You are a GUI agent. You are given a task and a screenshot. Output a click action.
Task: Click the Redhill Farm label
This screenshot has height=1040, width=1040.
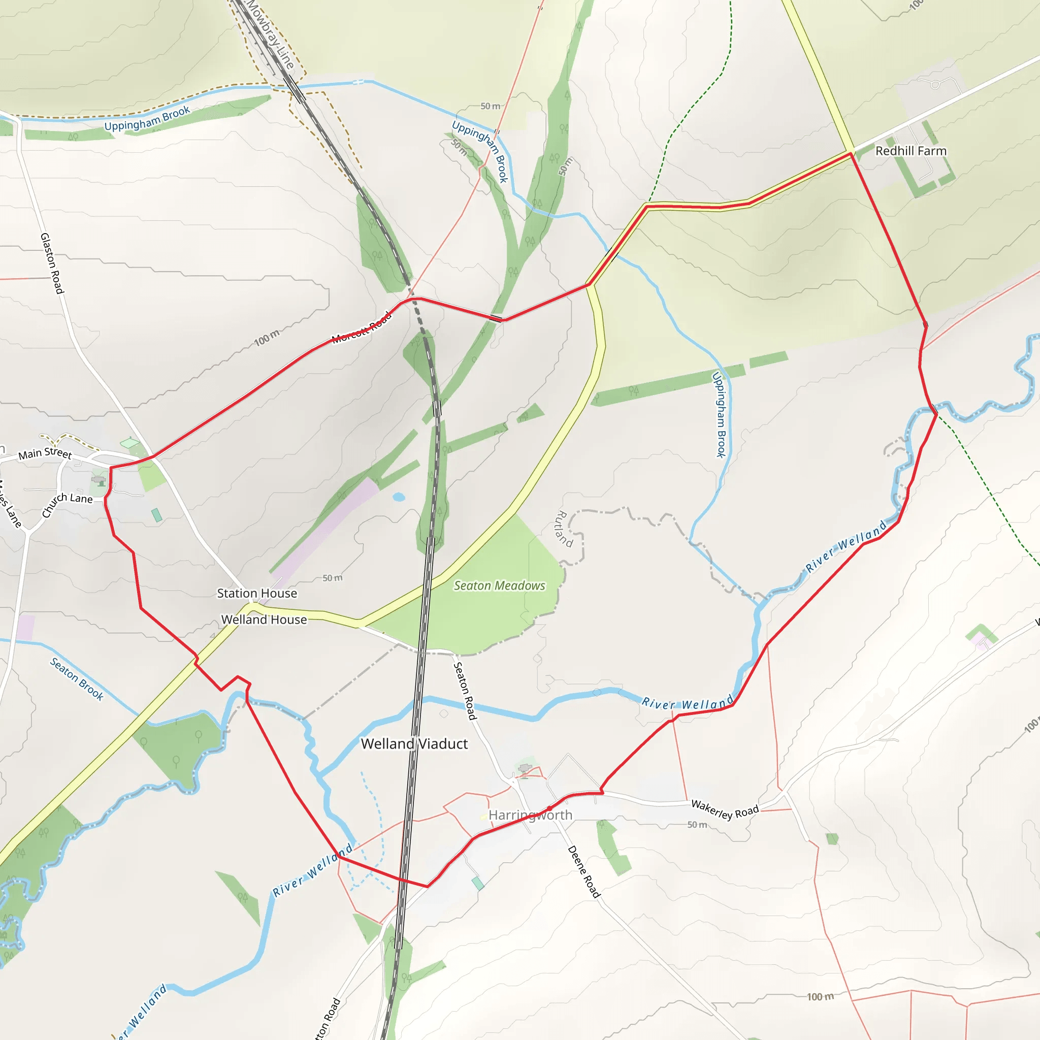click(911, 151)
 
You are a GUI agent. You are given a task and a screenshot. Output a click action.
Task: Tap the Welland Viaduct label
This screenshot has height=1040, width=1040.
click(414, 744)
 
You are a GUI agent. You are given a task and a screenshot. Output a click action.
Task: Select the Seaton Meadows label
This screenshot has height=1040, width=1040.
click(499, 586)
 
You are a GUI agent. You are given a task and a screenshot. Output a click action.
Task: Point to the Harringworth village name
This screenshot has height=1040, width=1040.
click(530, 815)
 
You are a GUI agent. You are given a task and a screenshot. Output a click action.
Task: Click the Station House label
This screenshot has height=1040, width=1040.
click(257, 593)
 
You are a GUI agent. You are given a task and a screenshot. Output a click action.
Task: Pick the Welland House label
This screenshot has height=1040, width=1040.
click(264, 620)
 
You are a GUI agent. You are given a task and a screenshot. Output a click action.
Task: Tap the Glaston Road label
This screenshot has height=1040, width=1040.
click(52, 263)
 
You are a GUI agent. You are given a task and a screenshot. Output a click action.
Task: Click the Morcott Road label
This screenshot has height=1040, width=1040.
click(361, 328)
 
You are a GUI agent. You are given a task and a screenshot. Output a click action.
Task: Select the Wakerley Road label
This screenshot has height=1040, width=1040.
click(725, 809)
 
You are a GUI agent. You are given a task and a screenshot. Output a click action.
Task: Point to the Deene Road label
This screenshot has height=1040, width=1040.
click(583, 871)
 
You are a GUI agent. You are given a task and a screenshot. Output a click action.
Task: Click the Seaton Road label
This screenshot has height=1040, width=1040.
click(465, 691)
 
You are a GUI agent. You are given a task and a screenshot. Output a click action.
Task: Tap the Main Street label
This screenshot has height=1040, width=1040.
click(45, 453)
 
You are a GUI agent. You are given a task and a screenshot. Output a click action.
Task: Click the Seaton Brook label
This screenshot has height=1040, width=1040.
click(77, 678)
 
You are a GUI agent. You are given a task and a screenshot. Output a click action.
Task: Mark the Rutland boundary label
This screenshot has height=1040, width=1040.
click(563, 528)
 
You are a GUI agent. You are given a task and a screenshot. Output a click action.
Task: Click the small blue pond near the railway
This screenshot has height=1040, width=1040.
click(399, 497)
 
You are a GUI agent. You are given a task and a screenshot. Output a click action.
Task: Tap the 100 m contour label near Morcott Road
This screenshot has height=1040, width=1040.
click(267, 338)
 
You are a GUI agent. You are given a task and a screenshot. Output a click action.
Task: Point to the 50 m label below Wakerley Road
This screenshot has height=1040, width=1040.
click(697, 825)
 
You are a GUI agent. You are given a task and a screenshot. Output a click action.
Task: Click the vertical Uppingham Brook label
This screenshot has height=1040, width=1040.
click(720, 415)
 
